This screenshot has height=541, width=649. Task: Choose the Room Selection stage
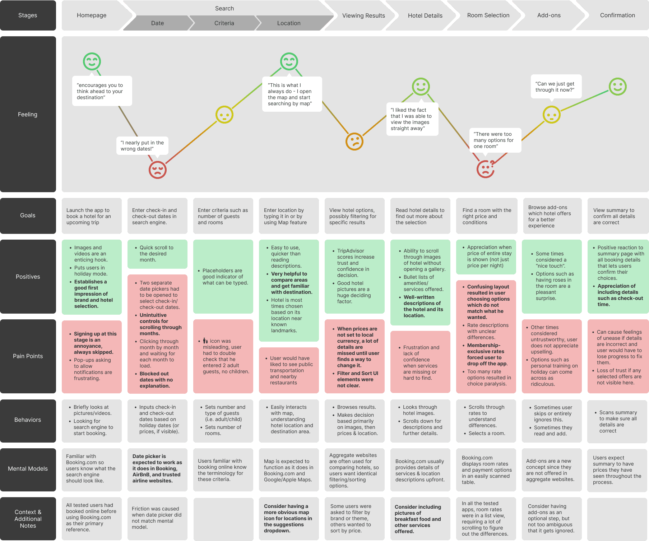pyautogui.click(x=488, y=15)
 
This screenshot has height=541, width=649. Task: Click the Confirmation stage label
pyautogui.click(x=617, y=15)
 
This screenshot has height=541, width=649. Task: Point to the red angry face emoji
pyautogui.click(x=158, y=170)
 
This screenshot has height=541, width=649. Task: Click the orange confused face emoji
pyautogui.click(x=354, y=141)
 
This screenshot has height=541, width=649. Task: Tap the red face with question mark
pyautogui.click(x=486, y=168)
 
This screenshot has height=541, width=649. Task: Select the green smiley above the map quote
pyautogui.click(x=289, y=61)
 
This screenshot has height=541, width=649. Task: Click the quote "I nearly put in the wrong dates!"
pyautogui.click(x=142, y=146)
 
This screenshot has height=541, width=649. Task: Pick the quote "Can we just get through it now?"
pyautogui.click(x=555, y=87)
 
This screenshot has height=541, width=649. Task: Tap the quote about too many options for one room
pyautogui.click(x=495, y=140)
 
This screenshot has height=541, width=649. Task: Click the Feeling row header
pyautogui.click(x=28, y=114)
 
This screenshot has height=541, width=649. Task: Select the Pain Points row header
pyautogui.click(x=28, y=356)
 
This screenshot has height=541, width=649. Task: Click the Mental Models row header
pyautogui.click(x=28, y=469)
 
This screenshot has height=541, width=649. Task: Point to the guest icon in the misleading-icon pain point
pyautogui.click(x=205, y=341)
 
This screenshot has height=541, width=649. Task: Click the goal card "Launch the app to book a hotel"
pyautogui.click(x=92, y=216)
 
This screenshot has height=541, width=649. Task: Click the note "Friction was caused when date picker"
pyautogui.click(x=157, y=518)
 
